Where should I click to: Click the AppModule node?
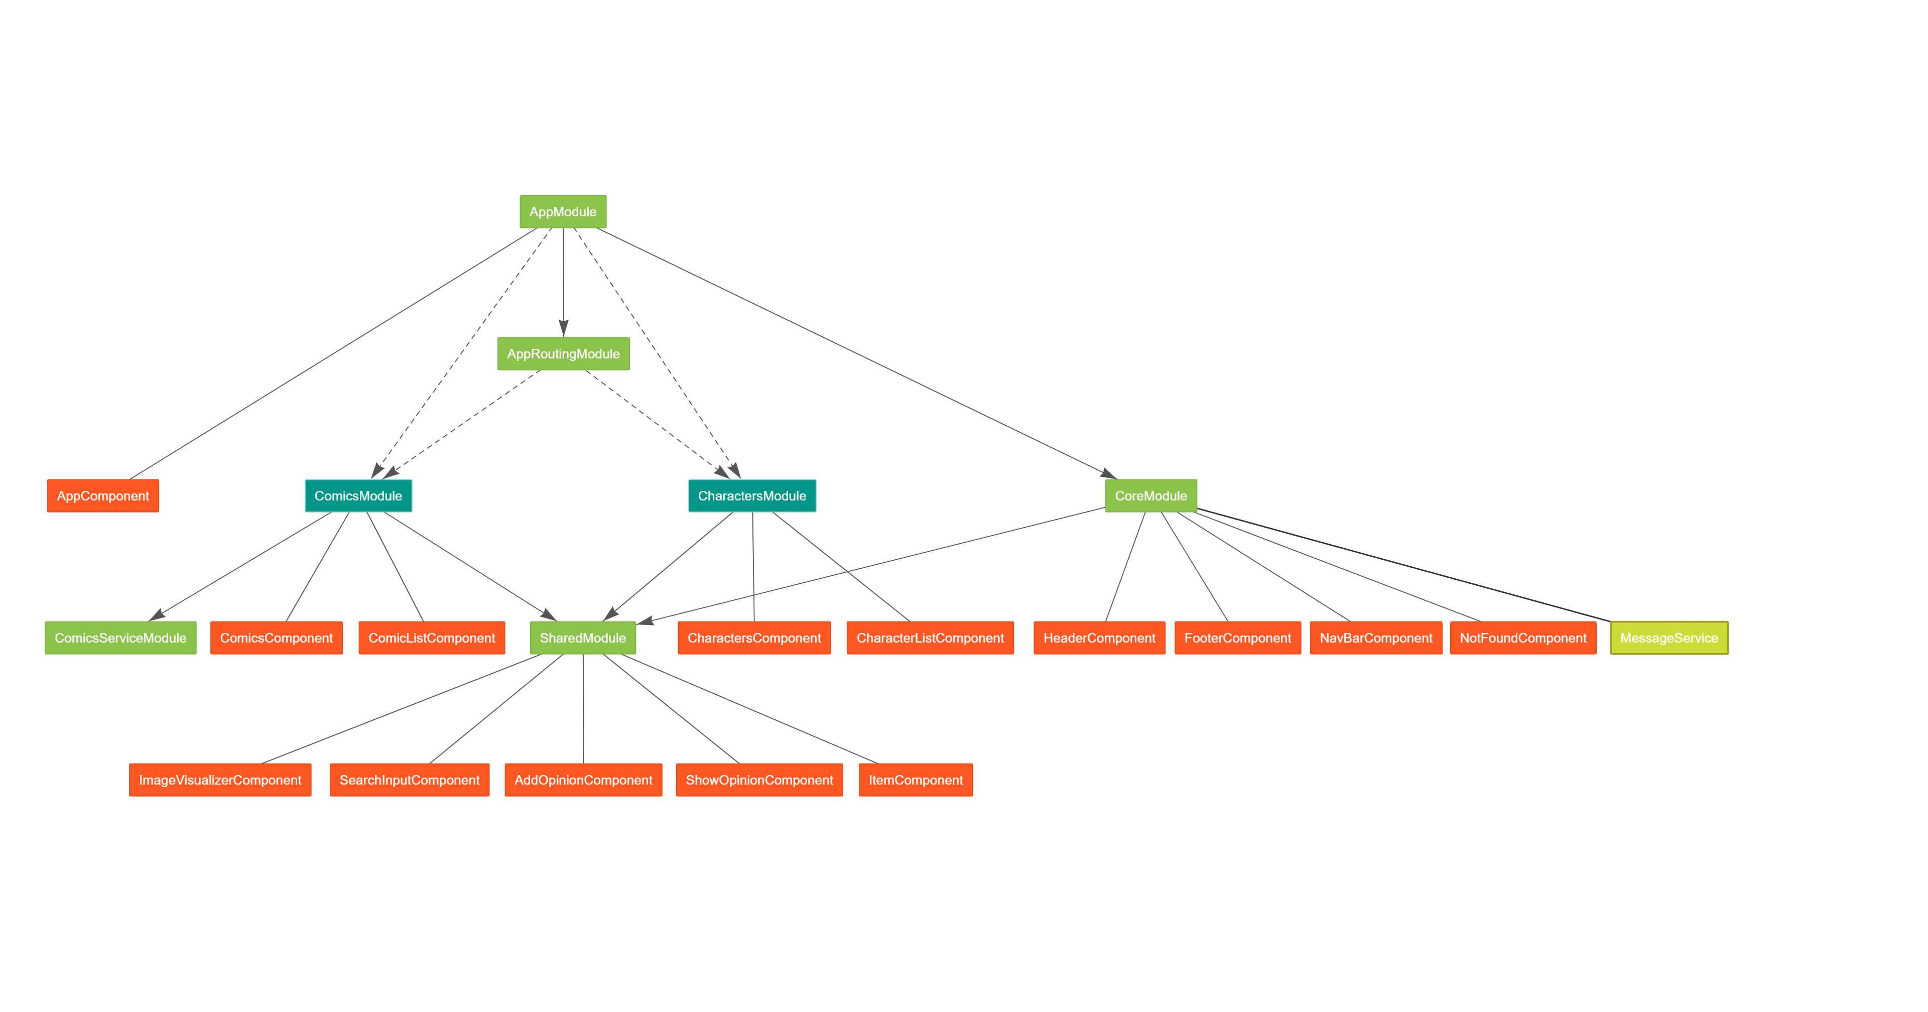pos(563,212)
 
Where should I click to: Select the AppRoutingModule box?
pos(564,354)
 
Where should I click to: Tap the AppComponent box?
pos(103,495)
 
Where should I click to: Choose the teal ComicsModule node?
pos(358,495)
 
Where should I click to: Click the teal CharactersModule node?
pos(752,495)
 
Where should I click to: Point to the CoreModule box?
pos(1151,495)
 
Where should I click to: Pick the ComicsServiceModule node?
pos(120,638)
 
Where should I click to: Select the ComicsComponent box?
pos(277,638)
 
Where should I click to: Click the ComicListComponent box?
pos(432,638)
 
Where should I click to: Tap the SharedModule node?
pos(583,638)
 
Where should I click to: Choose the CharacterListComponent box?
pos(930,638)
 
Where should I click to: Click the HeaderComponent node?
pos(1099,638)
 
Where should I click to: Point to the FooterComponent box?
pos(1238,638)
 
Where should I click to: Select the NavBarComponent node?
pos(1376,638)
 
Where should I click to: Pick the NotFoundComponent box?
pos(1523,638)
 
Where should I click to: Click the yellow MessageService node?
pos(1669,638)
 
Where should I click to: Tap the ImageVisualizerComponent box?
pos(220,780)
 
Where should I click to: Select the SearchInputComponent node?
pos(410,780)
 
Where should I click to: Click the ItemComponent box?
pos(916,780)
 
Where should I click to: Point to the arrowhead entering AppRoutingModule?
pos(564,329)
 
